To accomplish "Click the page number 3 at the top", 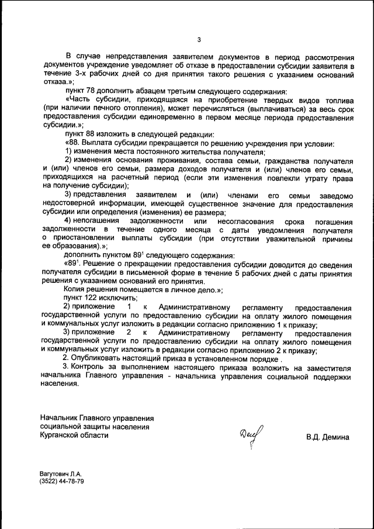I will click(x=199, y=40).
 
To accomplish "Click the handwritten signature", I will click(x=251, y=435).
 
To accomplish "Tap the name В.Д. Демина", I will click(x=327, y=437).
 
